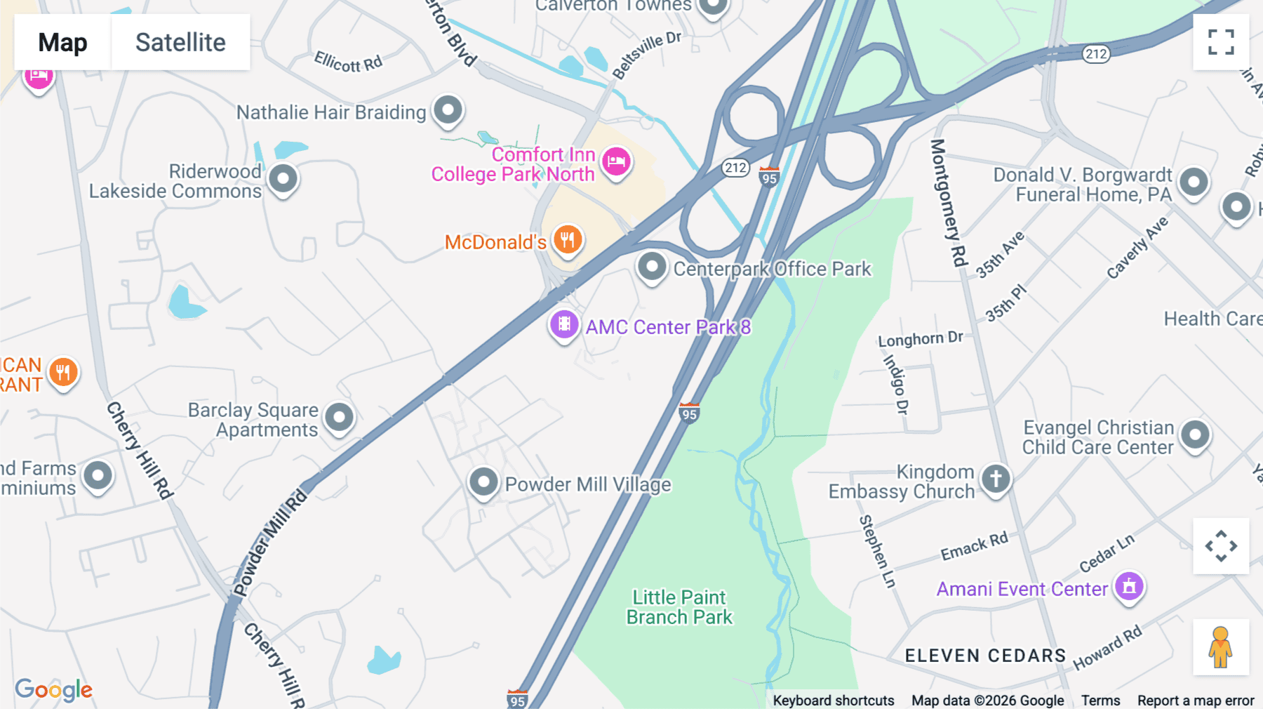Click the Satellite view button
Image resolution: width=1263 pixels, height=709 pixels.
point(180,42)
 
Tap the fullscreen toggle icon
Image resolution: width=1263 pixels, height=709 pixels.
point(1221,42)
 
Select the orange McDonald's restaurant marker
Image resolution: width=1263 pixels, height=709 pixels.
point(568,240)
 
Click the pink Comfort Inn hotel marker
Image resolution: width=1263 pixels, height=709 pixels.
point(616,162)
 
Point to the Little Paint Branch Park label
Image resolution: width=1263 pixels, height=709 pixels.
point(679,607)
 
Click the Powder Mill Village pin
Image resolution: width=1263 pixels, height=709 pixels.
point(483,482)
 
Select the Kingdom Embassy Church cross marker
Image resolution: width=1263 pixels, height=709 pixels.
point(996,479)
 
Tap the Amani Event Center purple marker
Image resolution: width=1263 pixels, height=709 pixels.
point(1129,586)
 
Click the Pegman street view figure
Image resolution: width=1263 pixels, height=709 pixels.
point(1220,647)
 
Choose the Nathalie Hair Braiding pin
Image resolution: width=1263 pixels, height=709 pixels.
point(448,110)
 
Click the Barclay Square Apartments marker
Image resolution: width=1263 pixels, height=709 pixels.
point(340,418)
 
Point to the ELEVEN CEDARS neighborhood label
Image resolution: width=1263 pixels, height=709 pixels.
point(985,656)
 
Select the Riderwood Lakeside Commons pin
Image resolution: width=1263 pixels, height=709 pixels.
point(283,178)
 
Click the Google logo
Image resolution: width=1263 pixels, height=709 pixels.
point(54,689)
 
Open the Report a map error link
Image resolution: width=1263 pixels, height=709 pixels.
point(1196,701)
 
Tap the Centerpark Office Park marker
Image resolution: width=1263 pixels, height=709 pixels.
point(652,267)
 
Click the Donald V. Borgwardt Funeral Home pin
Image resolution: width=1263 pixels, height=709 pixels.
point(1194,182)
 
